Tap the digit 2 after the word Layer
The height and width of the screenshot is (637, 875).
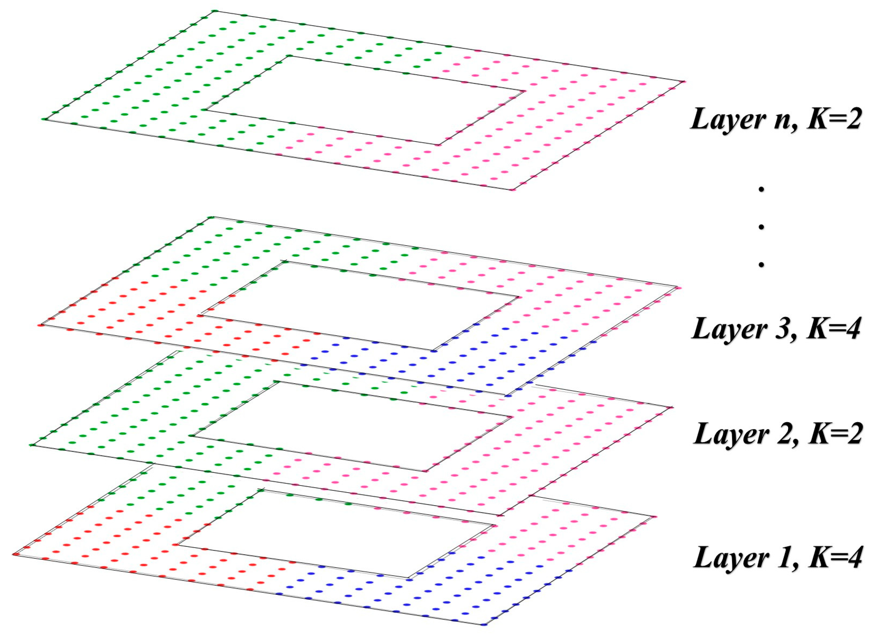point(783,434)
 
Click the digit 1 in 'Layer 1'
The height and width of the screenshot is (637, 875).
point(783,557)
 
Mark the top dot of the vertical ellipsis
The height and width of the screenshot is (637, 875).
point(761,189)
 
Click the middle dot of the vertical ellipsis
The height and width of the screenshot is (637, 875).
point(761,227)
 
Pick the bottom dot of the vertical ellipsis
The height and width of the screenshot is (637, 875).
point(761,264)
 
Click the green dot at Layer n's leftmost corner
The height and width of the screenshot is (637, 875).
point(44,119)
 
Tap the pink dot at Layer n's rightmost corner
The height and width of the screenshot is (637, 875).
point(683,81)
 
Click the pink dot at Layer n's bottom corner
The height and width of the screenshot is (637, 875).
point(512,190)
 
